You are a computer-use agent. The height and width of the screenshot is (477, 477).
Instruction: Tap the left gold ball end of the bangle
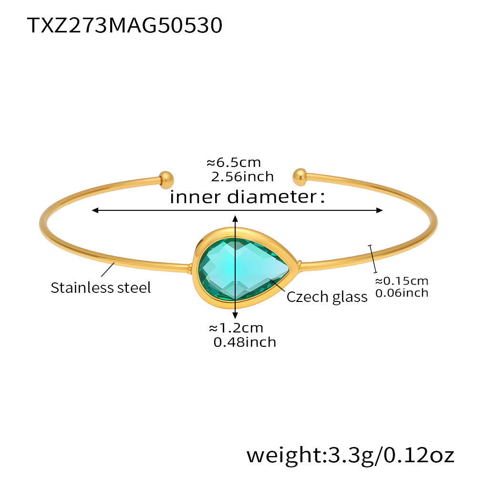tap(166, 179)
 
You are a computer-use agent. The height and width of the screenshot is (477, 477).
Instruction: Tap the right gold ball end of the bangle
tap(300, 177)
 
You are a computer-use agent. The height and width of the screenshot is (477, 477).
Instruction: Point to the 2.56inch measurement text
tap(242, 177)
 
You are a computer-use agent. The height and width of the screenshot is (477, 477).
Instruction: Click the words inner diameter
tap(247, 197)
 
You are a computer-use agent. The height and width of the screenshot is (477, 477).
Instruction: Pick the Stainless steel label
tap(101, 288)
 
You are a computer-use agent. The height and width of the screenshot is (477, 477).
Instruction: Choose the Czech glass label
tap(327, 297)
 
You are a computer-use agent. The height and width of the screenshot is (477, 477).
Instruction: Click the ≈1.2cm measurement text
tap(236, 328)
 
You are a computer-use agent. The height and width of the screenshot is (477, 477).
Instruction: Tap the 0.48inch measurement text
tap(245, 342)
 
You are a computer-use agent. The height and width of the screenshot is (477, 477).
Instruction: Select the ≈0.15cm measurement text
tap(401, 280)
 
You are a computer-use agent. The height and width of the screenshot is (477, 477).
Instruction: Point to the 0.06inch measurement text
tap(402, 293)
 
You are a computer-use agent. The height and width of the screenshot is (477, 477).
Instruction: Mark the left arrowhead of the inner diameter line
tap(95, 210)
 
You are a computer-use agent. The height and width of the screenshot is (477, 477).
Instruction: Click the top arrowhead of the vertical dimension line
tap(235, 218)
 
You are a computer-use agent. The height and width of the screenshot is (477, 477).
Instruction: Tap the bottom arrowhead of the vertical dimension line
tap(235, 315)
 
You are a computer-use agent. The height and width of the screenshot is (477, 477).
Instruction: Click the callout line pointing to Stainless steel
tap(107, 270)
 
